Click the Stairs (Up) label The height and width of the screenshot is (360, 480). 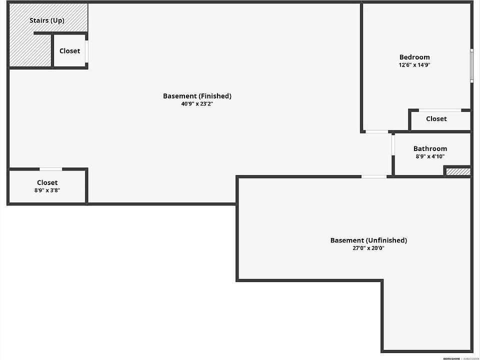(47, 20)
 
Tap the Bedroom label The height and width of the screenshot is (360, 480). (414, 57)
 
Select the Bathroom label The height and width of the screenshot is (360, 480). (430, 148)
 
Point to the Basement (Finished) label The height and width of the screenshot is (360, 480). (197, 96)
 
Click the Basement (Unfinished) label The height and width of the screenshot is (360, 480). (368, 240)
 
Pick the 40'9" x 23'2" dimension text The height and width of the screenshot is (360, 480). (197, 104)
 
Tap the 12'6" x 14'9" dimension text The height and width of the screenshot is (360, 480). (414, 65)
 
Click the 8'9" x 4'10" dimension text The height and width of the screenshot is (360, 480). (430, 156)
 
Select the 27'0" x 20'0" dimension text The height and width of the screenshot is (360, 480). (368, 248)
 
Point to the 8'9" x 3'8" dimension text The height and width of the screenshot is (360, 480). (47, 190)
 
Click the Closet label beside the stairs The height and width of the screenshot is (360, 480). (70, 51)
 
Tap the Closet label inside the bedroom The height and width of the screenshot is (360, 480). (436, 119)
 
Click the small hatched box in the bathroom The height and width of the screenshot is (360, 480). (458, 171)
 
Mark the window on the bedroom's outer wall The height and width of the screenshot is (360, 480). (472, 65)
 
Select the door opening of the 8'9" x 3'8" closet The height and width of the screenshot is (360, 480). (51, 169)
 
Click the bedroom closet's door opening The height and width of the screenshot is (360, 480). (440, 110)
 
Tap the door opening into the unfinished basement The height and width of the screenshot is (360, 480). (374, 176)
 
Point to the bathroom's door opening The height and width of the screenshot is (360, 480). (393, 145)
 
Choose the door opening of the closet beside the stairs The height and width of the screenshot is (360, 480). (86, 51)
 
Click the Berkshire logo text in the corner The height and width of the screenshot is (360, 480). (451, 358)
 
